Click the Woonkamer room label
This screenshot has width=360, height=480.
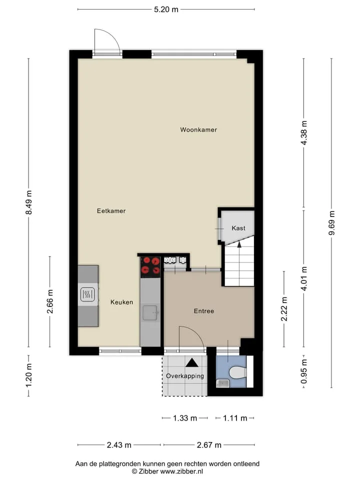(198, 130)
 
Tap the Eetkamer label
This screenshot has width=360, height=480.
(111, 211)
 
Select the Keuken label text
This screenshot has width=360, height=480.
(122, 302)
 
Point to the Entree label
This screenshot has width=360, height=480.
(204, 311)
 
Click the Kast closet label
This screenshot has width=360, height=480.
(238, 228)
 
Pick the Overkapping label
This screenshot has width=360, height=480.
(185, 376)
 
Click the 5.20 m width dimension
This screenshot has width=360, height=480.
(166, 9)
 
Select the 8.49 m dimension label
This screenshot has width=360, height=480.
(29, 202)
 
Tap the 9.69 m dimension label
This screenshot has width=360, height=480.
(331, 223)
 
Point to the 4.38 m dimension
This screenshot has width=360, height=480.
(303, 133)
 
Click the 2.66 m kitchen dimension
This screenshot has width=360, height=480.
(50, 301)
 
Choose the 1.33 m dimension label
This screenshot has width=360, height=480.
(185, 418)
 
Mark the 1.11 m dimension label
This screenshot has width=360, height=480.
(235, 418)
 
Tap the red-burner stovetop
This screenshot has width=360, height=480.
(150, 265)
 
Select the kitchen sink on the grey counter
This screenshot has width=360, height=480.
(150, 312)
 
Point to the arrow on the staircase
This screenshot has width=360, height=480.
(239, 244)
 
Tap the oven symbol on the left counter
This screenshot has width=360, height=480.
(88, 295)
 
